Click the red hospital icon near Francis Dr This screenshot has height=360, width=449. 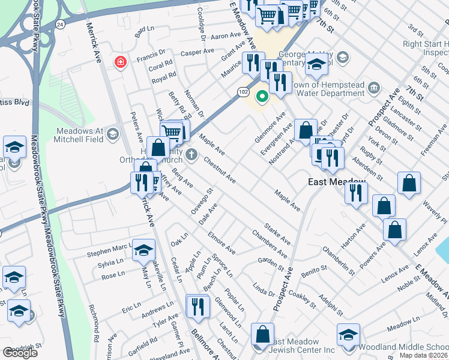pos(121,62)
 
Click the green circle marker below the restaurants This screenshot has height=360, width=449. pos(262,96)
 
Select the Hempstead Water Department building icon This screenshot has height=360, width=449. pos(373,89)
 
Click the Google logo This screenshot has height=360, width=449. pos(20,352)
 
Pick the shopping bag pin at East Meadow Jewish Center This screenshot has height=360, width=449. pos(262,335)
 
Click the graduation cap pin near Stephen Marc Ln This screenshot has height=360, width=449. pos(143,251)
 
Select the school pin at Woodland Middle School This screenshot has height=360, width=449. pos(348,335)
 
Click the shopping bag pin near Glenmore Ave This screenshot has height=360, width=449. pos(306,130)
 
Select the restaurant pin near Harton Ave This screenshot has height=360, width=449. pos(356,193)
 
